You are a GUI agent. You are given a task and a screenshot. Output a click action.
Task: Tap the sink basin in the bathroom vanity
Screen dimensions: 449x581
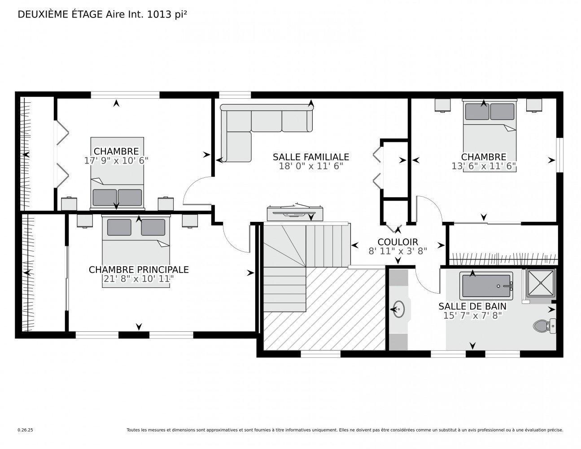(398, 309)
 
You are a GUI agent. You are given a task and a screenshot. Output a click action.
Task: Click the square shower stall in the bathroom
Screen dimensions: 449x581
(541, 283)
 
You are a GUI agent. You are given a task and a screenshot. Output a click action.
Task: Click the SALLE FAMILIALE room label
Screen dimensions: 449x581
(310, 157)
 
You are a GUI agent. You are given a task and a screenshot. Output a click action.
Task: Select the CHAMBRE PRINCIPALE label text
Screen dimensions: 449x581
(139, 269)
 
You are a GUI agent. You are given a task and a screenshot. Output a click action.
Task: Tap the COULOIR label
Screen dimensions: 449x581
(398, 242)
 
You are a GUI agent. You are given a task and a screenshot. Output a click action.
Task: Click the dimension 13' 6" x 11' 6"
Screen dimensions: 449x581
(484, 166)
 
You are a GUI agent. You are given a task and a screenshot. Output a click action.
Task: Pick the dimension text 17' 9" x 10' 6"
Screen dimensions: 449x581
(116, 160)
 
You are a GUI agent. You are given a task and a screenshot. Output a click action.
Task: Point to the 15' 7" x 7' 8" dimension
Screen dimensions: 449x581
(472, 315)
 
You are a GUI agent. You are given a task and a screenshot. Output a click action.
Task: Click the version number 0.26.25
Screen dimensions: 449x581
(25, 430)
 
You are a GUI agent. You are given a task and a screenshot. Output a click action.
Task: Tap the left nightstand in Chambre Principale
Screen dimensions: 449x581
(85, 220)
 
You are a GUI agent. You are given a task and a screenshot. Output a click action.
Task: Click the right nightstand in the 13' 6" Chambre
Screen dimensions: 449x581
(534, 105)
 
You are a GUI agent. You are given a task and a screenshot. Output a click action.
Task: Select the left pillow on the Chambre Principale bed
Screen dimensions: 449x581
(119, 227)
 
